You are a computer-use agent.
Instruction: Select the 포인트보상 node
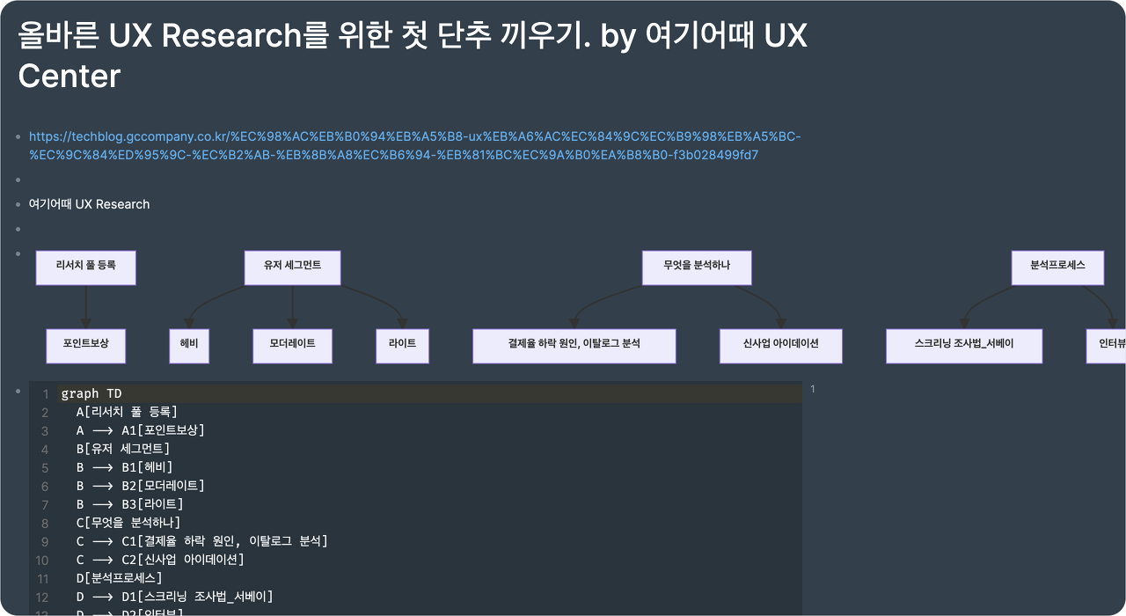pyautogui.click(x=85, y=346)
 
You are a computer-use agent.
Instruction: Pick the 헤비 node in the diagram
pyautogui.click(x=189, y=346)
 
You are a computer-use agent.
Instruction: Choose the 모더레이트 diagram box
pyautogui.click(x=292, y=346)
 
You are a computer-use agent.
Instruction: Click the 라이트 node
pyautogui.click(x=402, y=346)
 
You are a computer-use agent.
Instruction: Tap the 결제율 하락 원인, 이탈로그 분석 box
pyautogui.click(x=574, y=346)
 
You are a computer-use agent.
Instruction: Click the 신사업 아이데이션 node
pyautogui.click(x=780, y=346)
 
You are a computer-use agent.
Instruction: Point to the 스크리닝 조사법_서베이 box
pyautogui.click(x=963, y=346)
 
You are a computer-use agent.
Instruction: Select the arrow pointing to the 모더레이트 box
pyautogui.click(x=292, y=307)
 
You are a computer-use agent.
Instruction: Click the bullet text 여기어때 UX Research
pyautogui.click(x=89, y=204)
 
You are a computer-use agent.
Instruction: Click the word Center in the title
pyautogui.click(x=69, y=77)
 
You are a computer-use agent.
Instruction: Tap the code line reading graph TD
pyautogui.click(x=91, y=393)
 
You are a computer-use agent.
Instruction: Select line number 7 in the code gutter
pyautogui.click(x=45, y=504)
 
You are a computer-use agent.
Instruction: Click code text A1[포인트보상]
pyautogui.click(x=163, y=430)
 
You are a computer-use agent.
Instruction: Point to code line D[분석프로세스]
pyautogui.click(x=119, y=578)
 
